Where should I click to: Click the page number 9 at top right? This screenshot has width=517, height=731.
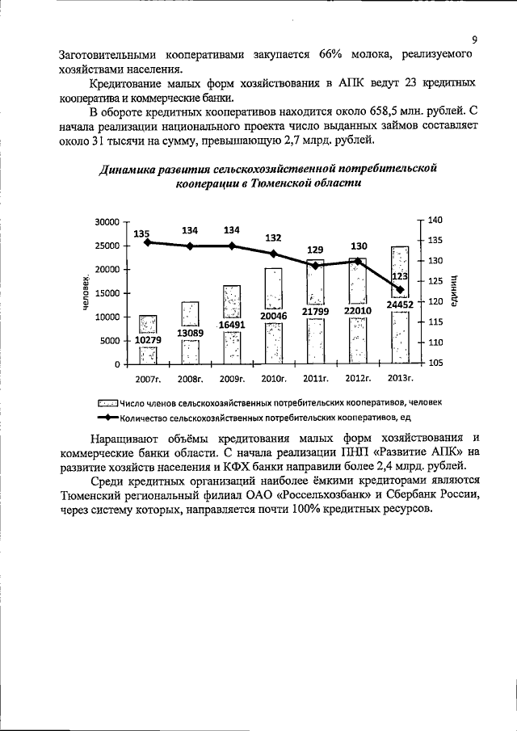[474, 38]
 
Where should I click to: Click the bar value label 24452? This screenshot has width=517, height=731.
[400, 305]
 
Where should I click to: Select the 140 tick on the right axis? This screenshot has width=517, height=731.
[435, 220]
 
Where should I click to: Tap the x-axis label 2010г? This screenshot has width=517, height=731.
[274, 377]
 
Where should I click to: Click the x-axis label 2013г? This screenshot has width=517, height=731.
[400, 377]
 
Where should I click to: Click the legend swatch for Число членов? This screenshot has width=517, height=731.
[107, 401]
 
